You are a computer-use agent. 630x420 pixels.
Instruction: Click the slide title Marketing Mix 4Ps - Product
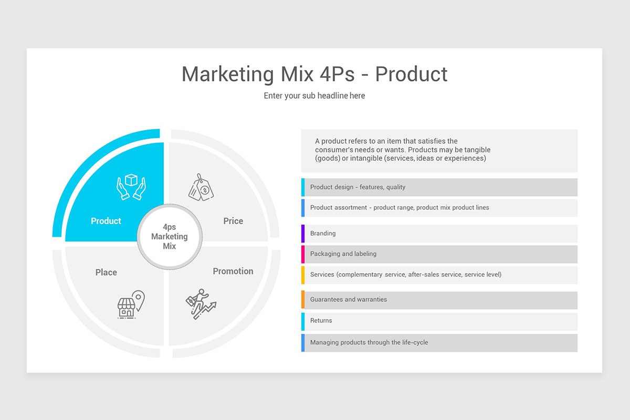314,74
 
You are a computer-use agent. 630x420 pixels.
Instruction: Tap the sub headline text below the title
314,96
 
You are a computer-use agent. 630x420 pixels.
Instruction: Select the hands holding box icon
131,187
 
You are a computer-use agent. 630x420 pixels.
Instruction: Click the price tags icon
201,187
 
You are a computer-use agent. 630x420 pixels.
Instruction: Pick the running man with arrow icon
201,304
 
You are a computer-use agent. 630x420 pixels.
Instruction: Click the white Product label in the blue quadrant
106,221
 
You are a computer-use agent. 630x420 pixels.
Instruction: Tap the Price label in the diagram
233,221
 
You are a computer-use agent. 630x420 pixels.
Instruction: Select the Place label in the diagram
106,272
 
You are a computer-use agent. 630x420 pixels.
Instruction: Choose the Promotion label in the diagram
233,271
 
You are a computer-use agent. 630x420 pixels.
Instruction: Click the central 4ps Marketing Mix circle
169,237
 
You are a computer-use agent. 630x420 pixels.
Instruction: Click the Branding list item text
323,234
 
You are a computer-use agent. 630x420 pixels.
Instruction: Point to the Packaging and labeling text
343,254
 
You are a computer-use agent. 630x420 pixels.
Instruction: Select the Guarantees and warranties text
349,300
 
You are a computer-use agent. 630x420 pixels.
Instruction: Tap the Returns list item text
321,321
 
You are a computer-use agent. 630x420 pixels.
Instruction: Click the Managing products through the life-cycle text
369,343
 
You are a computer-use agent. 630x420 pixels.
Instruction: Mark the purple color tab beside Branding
303,234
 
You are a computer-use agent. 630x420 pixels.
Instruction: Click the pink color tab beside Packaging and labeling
303,254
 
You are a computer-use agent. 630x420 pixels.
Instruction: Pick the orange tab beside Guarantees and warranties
303,300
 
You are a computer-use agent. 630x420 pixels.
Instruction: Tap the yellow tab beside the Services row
303,275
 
